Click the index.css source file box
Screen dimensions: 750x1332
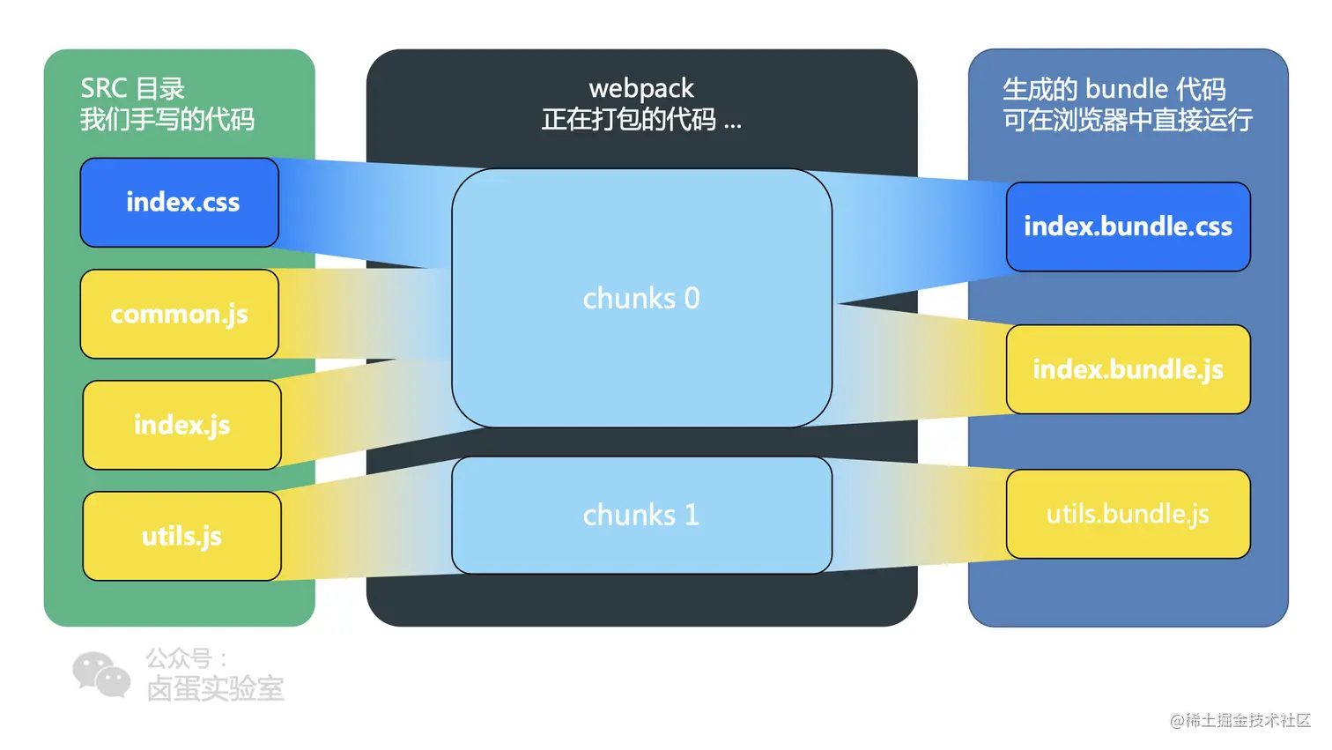click(180, 203)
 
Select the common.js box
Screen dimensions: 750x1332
click(180, 314)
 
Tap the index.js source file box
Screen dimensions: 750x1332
click(182, 425)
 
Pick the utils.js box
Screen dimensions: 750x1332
click(182, 536)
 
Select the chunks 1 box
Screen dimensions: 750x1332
click(641, 515)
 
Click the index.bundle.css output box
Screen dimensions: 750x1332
click(1128, 226)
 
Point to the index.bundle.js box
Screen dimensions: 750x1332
click(1128, 369)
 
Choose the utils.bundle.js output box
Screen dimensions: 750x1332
click(1128, 514)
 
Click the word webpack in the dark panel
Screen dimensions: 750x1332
click(641, 88)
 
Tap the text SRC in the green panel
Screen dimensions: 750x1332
click(104, 88)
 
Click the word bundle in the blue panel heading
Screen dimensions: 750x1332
click(1127, 89)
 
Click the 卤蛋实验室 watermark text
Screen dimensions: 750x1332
click(215, 689)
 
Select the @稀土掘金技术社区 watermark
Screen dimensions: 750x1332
click(1240, 721)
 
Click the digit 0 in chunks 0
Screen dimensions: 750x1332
click(692, 299)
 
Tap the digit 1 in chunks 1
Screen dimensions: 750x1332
click(692, 515)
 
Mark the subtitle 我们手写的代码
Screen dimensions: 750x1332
click(167, 119)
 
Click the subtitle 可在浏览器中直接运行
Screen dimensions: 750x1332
click(1128, 119)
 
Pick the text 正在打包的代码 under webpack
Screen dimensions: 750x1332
click(629, 119)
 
